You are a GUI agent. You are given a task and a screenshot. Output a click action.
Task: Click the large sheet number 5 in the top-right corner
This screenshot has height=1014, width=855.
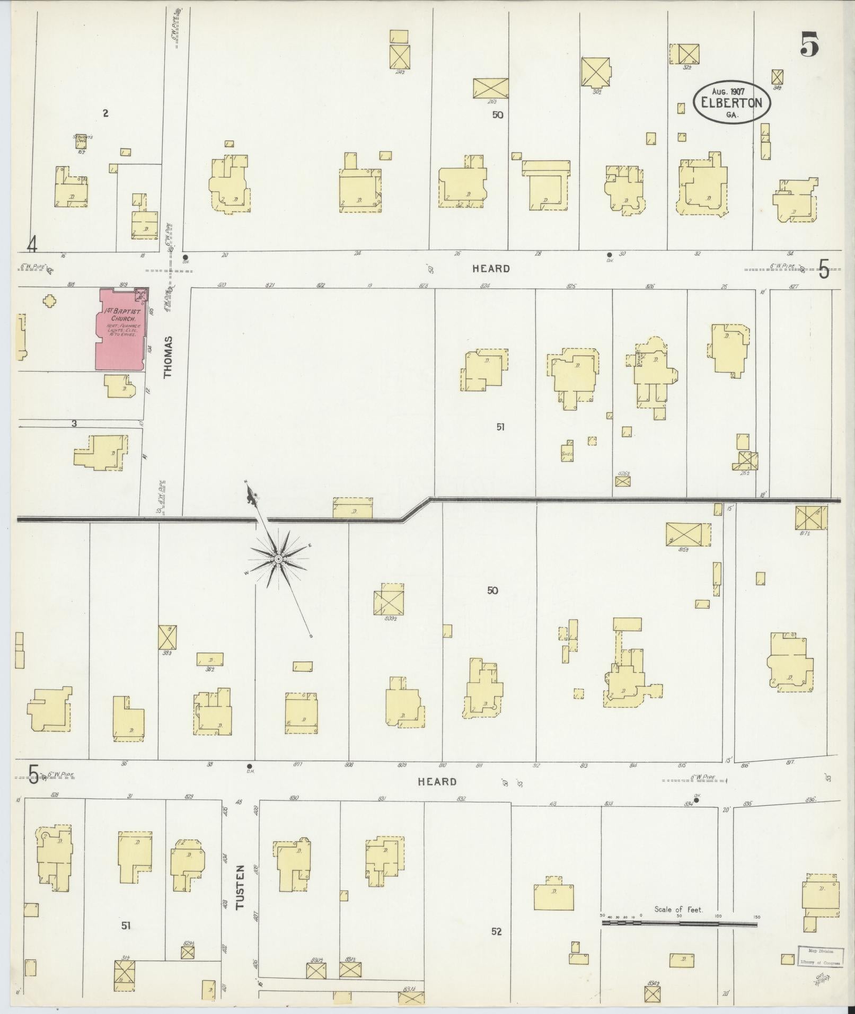pos(809,45)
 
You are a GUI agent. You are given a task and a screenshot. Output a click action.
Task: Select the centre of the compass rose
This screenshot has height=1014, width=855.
pos(278,559)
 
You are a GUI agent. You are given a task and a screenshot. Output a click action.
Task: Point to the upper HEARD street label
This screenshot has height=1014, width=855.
pos(491,269)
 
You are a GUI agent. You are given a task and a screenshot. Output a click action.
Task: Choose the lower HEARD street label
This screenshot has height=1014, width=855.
pos(437,782)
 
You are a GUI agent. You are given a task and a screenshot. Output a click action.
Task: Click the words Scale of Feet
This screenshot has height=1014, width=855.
pos(678,909)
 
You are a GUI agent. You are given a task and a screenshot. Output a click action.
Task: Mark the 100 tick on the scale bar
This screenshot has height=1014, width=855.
pos(719,916)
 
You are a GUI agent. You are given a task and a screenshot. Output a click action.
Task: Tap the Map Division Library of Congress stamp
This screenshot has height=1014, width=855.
pos(819,955)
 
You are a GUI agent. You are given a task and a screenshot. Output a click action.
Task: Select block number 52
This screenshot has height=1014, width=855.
pos(496,931)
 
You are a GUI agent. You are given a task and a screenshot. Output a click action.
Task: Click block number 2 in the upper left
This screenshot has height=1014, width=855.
pos(106,113)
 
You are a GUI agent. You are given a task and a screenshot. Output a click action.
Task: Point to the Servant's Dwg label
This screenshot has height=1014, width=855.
pos(83,138)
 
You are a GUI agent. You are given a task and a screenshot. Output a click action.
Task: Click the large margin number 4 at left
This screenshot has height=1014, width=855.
pos(33,245)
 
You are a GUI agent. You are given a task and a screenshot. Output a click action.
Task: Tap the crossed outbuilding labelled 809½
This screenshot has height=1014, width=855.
pos(389,599)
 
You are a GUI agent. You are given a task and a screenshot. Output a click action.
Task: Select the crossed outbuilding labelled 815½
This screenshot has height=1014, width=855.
pos(687,534)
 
